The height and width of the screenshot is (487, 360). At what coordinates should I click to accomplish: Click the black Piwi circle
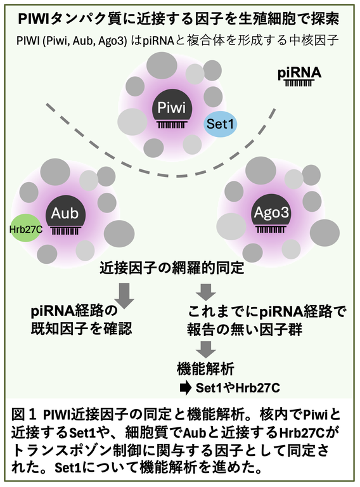coord(172,107)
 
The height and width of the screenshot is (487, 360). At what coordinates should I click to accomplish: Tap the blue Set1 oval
coord(220,124)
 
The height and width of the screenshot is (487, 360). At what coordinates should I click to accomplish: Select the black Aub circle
coord(65,213)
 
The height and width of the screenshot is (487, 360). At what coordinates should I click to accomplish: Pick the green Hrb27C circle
coord(26,230)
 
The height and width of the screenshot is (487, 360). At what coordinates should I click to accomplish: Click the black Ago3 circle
coord(271,212)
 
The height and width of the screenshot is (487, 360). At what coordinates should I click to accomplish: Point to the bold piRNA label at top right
coord(299,74)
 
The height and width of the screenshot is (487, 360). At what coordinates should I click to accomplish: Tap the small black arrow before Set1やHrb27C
coord(186,388)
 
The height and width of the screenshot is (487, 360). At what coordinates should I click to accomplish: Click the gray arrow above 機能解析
coord(206,349)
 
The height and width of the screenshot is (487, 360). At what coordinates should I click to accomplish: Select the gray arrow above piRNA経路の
coord(124,295)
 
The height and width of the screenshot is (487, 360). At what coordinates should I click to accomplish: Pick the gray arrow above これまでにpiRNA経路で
coord(206,292)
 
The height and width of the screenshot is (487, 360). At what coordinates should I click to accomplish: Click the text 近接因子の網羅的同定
coord(172,268)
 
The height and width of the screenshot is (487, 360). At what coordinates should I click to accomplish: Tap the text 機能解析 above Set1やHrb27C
coord(205,369)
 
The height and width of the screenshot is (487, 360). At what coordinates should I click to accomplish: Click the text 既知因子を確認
coord(81,329)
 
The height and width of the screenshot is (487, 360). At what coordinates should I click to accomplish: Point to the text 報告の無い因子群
coord(245,330)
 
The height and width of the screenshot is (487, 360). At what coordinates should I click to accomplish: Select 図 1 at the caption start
coord(25,415)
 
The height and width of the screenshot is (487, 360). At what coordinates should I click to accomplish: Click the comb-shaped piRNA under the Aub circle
coord(66,230)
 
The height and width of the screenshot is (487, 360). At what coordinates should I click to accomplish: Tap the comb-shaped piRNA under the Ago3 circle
coord(271,230)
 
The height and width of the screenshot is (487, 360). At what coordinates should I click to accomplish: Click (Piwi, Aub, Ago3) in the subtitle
coord(84,41)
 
